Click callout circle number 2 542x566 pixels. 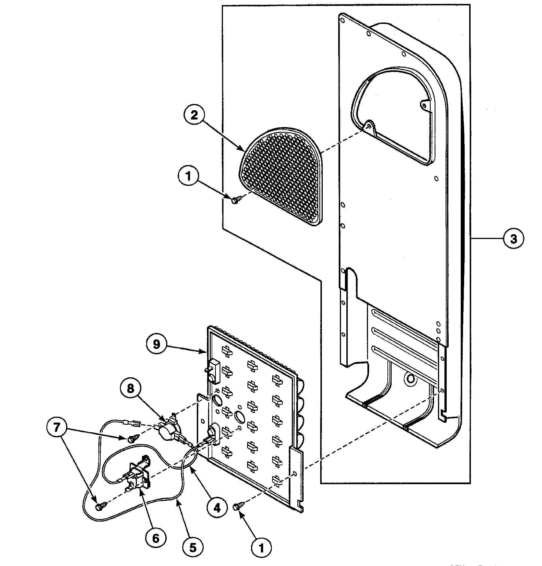[x=194, y=116]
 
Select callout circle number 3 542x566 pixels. [x=513, y=239]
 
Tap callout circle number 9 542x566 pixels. [x=156, y=344]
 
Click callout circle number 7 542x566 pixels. [x=57, y=427]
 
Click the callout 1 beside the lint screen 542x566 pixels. [x=189, y=175]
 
